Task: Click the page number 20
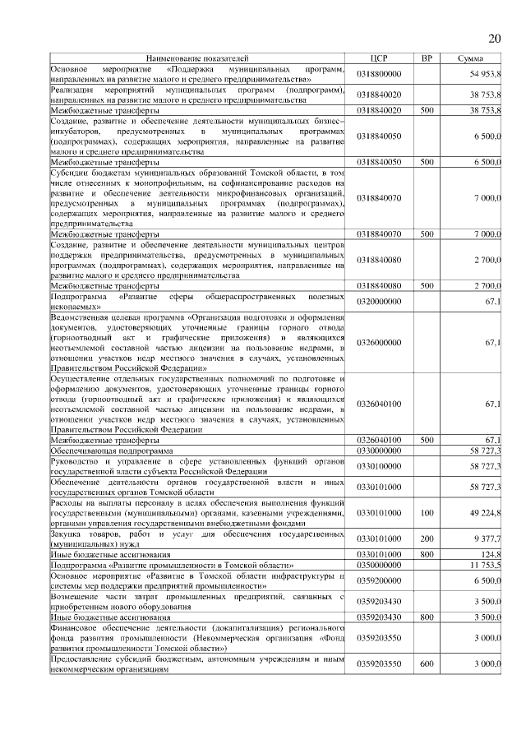tap(495, 39)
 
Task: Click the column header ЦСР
tap(379, 59)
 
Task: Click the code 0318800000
tap(379, 74)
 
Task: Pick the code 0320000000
tap(379, 302)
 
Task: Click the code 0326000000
tap(379, 341)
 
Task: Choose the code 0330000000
tap(379, 451)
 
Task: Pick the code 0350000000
tap(379, 566)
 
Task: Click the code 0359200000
tap(379, 580)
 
